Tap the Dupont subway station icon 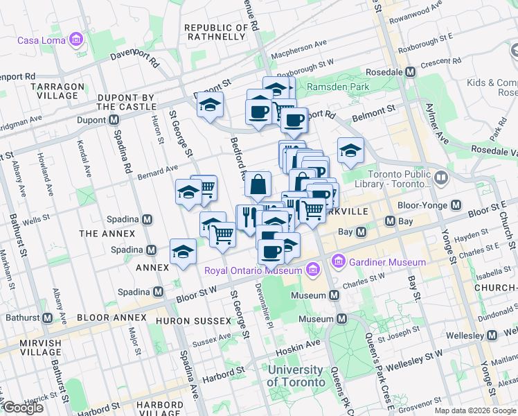(x=114, y=120)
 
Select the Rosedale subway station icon (x=411, y=72)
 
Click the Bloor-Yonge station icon (x=456, y=205)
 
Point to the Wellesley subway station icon (x=492, y=336)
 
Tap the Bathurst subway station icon (x=47, y=318)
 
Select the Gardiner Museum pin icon (x=339, y=262)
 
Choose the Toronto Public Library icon (x=442, y=178)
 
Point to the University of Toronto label (x=296, y=376)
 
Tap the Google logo (x=23, y=407)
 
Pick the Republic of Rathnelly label (x=217, y=33)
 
